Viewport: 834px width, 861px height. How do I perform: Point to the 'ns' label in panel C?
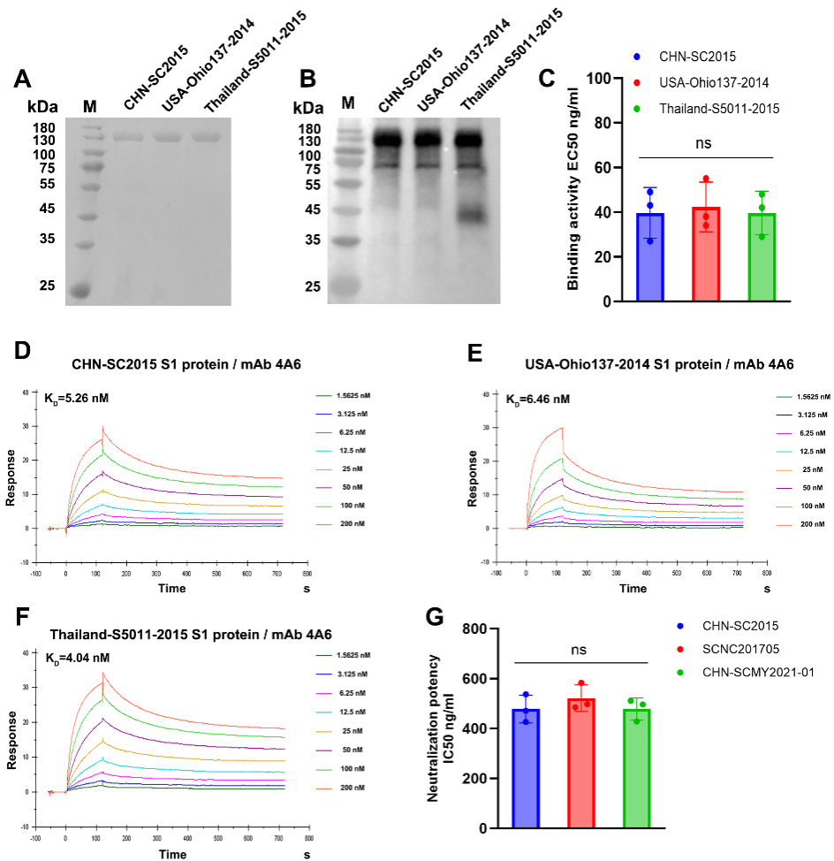704,143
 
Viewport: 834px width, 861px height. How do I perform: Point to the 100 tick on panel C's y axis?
598,79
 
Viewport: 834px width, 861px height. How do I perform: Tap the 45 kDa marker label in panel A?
42,209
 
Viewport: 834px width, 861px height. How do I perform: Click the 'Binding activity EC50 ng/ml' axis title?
573,189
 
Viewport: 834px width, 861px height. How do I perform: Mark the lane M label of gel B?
348,103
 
